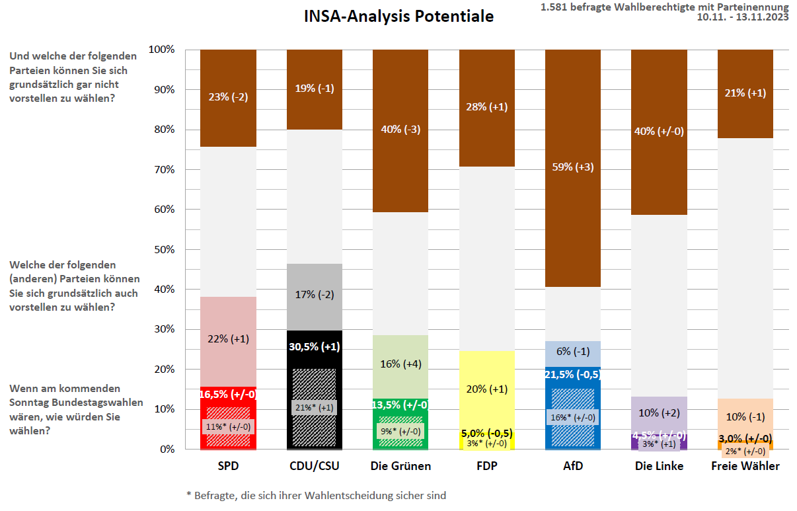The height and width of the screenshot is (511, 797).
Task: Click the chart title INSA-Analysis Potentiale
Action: click(398, 17)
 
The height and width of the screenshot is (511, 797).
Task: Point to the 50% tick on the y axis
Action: click(161, 250)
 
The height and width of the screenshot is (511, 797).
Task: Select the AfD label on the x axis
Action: click(572, 466)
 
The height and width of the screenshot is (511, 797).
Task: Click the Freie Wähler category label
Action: click(745, 466)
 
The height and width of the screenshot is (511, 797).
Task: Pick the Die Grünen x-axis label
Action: click(400, 466)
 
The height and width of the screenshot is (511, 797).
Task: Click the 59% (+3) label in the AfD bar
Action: click(572, 167)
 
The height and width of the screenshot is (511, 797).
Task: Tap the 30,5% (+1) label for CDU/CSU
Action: click(315, 346)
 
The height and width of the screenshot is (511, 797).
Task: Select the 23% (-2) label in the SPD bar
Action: click(228, 97)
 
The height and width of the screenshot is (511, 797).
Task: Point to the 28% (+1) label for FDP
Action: click(486, 107)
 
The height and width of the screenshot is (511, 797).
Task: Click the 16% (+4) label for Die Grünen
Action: click(400, 364)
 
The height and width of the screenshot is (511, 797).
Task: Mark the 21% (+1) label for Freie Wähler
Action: click(745, 93)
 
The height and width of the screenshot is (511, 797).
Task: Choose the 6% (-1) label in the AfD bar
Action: click(572, 352)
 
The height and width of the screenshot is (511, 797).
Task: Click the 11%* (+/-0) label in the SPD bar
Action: click(228, 427)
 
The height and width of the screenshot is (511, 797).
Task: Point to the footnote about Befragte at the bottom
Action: click(316, 494)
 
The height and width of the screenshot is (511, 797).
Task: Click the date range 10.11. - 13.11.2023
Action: click(743, 18)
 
